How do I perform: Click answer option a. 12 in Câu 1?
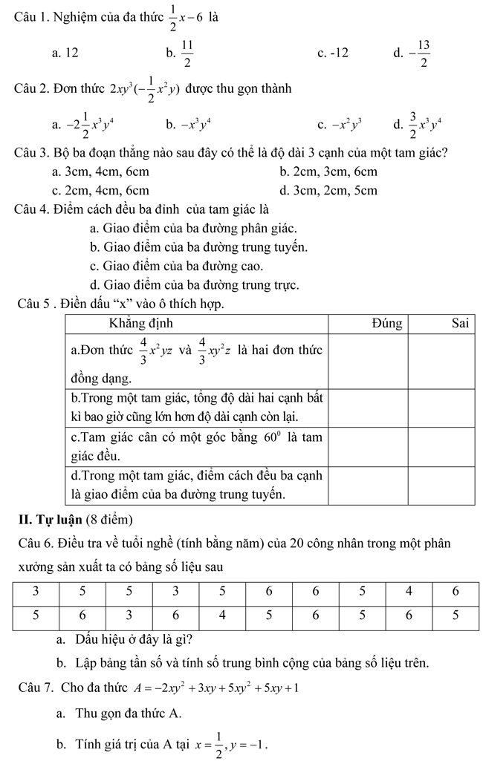65,53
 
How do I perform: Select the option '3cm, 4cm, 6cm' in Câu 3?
97,172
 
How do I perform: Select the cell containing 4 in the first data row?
409,592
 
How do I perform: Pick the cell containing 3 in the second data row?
129,615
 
